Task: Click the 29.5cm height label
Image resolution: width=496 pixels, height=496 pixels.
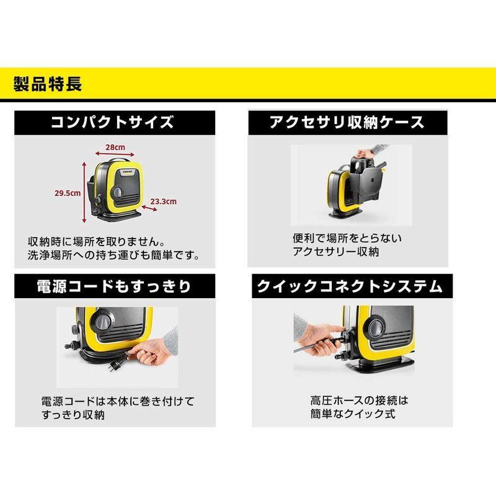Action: tap(66, 193)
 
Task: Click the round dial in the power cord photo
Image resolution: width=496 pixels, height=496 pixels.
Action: tap(102, 323)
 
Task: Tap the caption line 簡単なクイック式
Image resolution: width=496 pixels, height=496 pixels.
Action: tap(353, 414)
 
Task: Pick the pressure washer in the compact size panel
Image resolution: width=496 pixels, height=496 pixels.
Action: tap(118, 189)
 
